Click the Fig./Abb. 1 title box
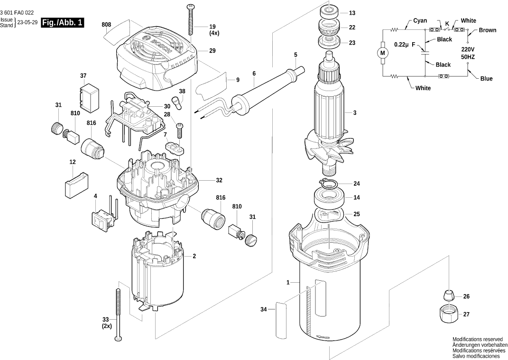pyautogui.click(x=63, y=23)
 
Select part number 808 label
pyautogui.click(x=106, y=24)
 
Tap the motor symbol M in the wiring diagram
pyautogui.click(x=383, y=53)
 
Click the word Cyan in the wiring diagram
pyautogui.click(x=420, y=21)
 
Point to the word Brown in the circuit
pyautogui.click(x=487, y=30)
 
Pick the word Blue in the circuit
pyautogui.click(x=486, y=79)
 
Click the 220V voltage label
pyautogui.click(x=468, y=49)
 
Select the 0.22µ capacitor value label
pyautogui.click(x=401, y=45)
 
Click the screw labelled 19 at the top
pyautogui.click(x=192, y=19)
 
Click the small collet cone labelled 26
pyautogui.click(x=448, y=295)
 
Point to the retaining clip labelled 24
pyautogui.click(x=329, y=184)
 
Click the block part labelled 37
pyautogui.click(x=88, y=97)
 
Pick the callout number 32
pyautogui.click(x=219, y=181)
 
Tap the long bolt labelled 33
pyautogui.click(x=118, y=313)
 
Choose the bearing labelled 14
pyautogui.click(x=328, y=197)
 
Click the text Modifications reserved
pyautogui.click(x=477, y=340)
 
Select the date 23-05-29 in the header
pyautogui.click(x=28, y=23)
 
